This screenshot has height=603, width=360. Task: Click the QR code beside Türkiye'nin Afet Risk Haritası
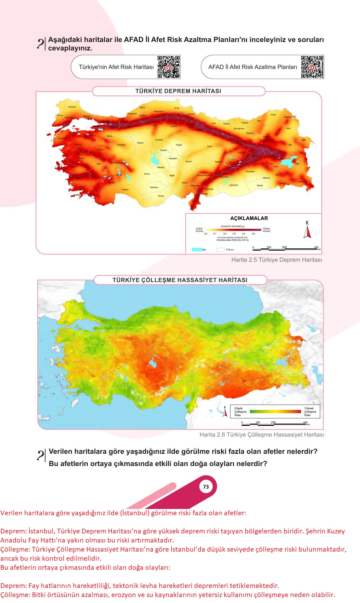click(x=169, y=67)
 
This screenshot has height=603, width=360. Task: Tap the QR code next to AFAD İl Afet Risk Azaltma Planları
click(x=312, y=67)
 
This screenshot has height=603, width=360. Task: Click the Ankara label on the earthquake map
click(x=140, y=143)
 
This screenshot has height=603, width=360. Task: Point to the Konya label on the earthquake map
click(x=147, y=174)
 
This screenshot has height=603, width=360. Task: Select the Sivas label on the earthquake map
click(x=209, y=146)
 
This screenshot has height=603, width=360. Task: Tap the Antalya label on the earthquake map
click(x=125, y=190)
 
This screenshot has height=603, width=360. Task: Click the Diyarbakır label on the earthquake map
click(x=250, y=171)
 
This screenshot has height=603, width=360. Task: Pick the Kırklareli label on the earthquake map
click(x=72, y=107)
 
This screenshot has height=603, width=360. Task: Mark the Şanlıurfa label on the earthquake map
click(x=234, y=185)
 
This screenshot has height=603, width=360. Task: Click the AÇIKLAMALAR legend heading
click(x=249, y=218)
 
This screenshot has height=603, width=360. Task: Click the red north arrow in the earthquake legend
click(x=307, y=232)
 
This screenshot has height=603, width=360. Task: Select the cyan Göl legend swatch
click(x=197, y=250)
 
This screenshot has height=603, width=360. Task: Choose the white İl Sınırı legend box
click(x=220, y=250)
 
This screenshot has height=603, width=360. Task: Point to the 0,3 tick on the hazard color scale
click(x=234, y=233)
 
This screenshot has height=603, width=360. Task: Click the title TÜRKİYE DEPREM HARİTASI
click(x=178, y=91)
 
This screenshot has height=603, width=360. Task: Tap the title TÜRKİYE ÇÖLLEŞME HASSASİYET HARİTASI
click(x=180, y=280)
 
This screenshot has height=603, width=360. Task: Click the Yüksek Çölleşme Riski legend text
click(x=310, y=412)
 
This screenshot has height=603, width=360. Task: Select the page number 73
click(x=206, y=487)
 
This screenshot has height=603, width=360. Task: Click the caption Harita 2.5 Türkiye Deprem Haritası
click(x=276, y=260)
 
